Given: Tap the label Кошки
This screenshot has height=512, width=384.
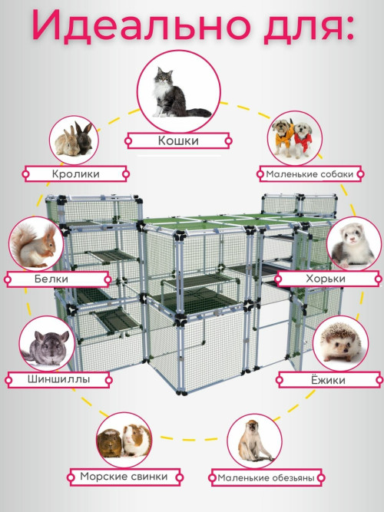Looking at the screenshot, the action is click(178, 140).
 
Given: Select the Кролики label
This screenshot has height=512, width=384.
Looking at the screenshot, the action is click(75, 173).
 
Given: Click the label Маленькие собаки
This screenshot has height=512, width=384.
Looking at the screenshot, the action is click(310, 174).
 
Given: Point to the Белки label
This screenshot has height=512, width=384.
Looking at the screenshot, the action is click(51, 279).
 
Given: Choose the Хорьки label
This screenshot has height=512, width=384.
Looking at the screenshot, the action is click(326, 279).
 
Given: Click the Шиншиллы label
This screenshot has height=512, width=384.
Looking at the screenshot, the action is click(59, 379).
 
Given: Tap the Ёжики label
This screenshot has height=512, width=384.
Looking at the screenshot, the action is click(328, 380).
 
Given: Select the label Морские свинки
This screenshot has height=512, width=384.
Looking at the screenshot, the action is click(124, 477).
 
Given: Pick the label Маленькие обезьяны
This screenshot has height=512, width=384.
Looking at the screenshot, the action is click(266, 478).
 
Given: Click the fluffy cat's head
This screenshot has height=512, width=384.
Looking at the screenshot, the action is click(164, 77).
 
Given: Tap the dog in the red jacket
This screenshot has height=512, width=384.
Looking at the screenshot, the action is click(303, 139).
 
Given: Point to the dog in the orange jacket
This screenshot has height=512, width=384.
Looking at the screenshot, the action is click(282, 137).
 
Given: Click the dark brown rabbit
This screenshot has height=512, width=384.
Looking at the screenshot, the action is click(84, 138).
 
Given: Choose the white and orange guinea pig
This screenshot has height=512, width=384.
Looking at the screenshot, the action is click(136, 440).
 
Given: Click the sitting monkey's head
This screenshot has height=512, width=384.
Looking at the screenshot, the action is click(253, 427).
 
